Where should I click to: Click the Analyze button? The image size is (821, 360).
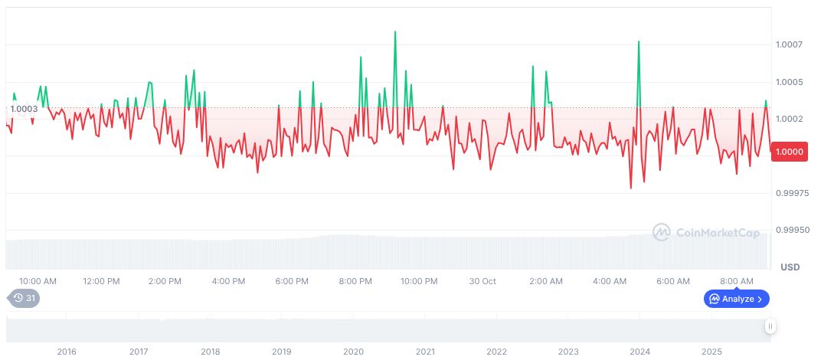tap(736, 299)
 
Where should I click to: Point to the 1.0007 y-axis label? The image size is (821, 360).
tap(788, 44)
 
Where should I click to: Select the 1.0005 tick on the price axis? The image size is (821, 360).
tap(788, 82)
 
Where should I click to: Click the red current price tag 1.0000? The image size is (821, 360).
tap(789, 152)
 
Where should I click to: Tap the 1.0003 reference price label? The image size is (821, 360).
tap(23, 109)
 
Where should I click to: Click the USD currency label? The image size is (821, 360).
tap(790, 267)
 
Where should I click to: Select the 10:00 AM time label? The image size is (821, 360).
tap(38, 281)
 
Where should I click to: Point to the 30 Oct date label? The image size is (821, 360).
tap(482, 281)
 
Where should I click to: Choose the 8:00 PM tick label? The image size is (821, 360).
tap(355, 281)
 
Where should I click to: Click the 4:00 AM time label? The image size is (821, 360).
tap(610, 281)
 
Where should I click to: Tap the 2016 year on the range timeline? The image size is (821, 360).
tap(67, 352)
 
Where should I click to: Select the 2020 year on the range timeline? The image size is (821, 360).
tap(353, 352)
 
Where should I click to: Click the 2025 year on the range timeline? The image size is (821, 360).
tap(711, 352)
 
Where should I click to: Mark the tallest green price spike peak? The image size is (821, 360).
tap(395, 32)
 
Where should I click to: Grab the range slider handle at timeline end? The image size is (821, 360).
tap(770, 326)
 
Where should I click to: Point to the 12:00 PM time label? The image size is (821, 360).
tap(101, 281)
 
